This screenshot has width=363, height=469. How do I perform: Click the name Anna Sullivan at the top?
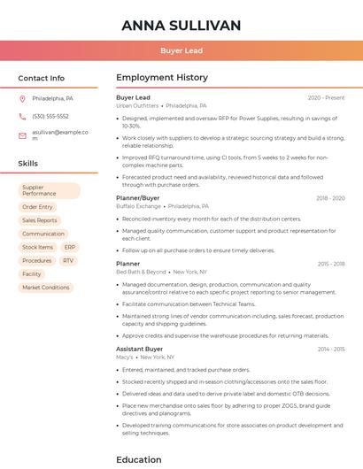[181, 25]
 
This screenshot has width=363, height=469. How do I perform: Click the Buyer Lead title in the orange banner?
[181, 51]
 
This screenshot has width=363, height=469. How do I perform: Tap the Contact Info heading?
[41, 78]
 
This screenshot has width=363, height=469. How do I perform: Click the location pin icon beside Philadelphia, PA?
[22, 99]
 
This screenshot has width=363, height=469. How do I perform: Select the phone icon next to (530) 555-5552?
[22, 116]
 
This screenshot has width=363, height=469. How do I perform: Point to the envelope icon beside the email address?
[22, 133]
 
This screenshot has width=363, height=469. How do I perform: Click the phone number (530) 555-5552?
[50, 116]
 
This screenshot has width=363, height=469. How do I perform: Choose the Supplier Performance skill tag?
[49, 190]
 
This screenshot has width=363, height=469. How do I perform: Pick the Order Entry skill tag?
[37, 207]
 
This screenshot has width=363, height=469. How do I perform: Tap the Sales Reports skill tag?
[40, 220]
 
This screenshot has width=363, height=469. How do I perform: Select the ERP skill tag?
[70, 248]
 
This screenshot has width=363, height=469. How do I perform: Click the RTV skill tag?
[68, 261]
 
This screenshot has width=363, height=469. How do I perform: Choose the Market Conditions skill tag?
[45, 288]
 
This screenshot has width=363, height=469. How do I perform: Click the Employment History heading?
[162, 78]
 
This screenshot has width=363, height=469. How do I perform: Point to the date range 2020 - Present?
[326, 97]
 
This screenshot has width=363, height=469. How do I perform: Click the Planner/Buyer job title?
[138, 198]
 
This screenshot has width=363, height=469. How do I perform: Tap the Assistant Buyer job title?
[139, 349]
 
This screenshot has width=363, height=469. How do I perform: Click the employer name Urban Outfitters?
[137, 105]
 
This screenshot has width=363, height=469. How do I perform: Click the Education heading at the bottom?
[139, 460]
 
